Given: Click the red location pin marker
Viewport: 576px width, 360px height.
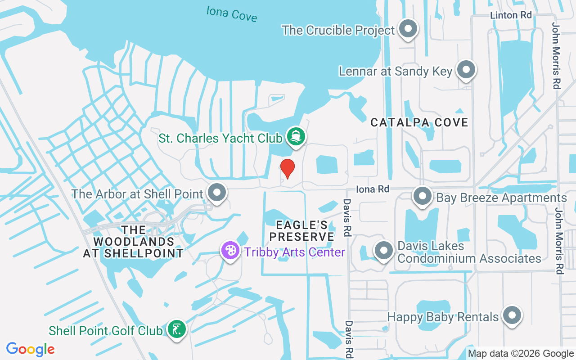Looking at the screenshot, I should point(288,168).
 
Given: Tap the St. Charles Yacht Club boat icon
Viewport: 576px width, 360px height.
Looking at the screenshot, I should point(296,136).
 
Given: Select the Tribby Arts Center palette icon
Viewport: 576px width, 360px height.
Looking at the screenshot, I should point(230,250).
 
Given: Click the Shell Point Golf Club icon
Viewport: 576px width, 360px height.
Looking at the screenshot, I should point(176,329).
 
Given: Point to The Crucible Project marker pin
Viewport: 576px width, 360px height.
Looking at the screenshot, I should point(408,29).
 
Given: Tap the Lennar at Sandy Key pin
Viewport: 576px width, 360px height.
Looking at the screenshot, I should point(466,70).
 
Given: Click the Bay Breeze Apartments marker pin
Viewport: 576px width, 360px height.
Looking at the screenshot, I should point(423,196).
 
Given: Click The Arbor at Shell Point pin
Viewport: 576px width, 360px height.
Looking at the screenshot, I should point(217,193).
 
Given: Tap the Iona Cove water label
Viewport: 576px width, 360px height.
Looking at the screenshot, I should point(232,14).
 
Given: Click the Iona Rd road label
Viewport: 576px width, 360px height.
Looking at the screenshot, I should point(372,189).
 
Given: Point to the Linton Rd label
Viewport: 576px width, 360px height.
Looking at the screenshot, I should point(511,15).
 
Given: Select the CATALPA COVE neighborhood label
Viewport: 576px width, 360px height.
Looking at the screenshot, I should point(419,122).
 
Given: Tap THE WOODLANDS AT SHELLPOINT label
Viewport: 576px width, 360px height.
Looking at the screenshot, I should point(133,242).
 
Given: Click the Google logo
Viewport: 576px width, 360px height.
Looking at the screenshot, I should point(31,349).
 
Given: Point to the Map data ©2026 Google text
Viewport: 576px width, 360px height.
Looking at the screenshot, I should point(521,354).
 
